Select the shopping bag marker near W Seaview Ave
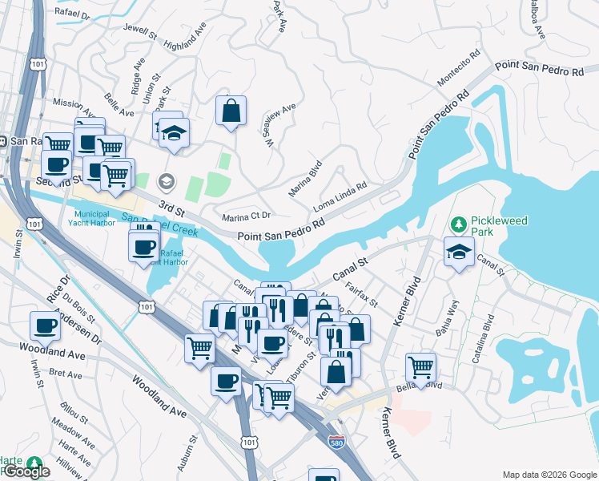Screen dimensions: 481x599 tap(231, 112)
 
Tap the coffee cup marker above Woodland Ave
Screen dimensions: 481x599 tap(46, 326)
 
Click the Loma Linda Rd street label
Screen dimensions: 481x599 tap(340, 197)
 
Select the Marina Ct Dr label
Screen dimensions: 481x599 tap(247, 216)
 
